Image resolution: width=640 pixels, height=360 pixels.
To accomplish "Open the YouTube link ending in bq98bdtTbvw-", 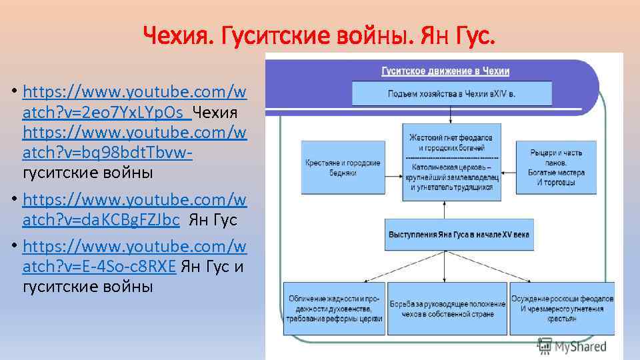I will point(134,143).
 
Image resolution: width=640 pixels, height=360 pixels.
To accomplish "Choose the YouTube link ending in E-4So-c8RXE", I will point(134,257).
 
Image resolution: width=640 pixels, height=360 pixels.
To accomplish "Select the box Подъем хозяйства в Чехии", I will point(451,93).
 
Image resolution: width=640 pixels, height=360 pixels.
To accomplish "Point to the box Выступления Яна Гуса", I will point(451,235).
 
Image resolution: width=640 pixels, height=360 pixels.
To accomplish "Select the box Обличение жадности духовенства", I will point(334,309).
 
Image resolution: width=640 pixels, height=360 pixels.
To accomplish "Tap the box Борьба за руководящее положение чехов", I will point(447,309).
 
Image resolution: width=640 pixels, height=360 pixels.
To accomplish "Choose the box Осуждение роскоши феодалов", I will point(562,309).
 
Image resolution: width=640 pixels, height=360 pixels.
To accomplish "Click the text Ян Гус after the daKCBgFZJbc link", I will point(213,220).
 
